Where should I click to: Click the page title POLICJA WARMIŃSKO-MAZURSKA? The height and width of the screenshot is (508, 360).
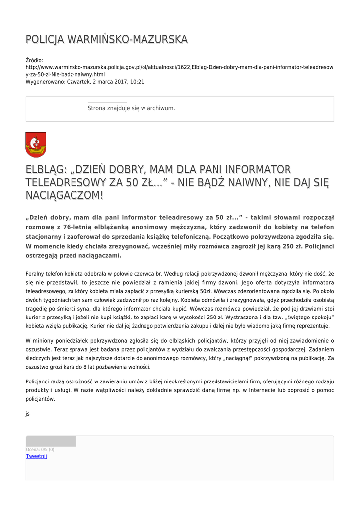pyautogui.click(x=106, y=39)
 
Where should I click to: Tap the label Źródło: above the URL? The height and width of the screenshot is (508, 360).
pyautogui.click(x=34, y=60)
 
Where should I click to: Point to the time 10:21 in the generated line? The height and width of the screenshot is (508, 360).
pyautogui.click(x=138, y=82)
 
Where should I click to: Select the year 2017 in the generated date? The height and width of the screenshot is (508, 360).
pyautogui.click(x=117, y=82)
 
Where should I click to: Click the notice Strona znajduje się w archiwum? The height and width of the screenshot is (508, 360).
pyautogui.click(x=131, y=108)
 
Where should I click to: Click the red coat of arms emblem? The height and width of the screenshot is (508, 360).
pyautogui.click(x=36, y=145)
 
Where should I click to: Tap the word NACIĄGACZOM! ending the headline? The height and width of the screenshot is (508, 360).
pyautogui.click(x=65, y=195)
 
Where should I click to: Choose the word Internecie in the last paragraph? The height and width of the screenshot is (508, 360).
pyautogui.click(x=264, y=390)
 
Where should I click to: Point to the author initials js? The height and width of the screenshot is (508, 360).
pyautogui.click(x=28, y=413)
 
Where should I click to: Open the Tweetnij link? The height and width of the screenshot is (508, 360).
pyautogui.click(x=36, y=456)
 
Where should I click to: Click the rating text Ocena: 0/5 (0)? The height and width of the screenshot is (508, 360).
pyautogui.click(x=40, y=449)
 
